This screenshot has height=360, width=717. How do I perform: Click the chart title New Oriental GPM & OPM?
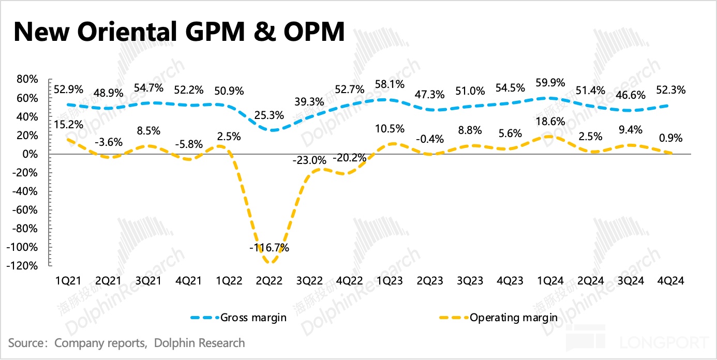tap(178, 32)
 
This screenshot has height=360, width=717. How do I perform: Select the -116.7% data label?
tap(268, 248)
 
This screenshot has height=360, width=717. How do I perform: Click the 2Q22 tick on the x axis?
tap(268, 281)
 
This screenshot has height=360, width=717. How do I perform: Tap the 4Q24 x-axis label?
tap(670, 281)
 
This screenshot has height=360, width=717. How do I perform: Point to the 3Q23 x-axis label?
tap(469, 281)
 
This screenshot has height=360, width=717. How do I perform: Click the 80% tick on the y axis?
tap(27, 80)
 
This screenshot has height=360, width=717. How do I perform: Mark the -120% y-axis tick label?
tap(23, 266)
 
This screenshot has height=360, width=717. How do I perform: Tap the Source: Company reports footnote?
tap(127, 343)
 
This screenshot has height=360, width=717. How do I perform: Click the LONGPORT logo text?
tap(665, 342)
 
